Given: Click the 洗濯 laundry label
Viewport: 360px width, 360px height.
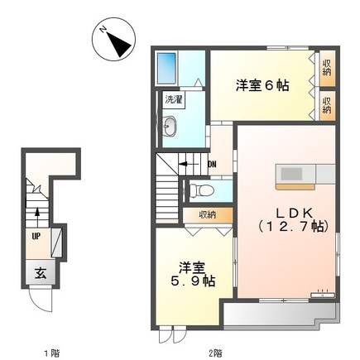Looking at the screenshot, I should (x=174, y=99).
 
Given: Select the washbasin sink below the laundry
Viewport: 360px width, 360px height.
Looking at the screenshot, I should (x=170, y=127).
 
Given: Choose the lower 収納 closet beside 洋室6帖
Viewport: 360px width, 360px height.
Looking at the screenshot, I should (x=327, y=103).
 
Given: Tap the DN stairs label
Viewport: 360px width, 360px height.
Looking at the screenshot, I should (x=212, y=164).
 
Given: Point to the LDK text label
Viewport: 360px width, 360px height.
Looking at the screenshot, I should (x=289, y=211).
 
